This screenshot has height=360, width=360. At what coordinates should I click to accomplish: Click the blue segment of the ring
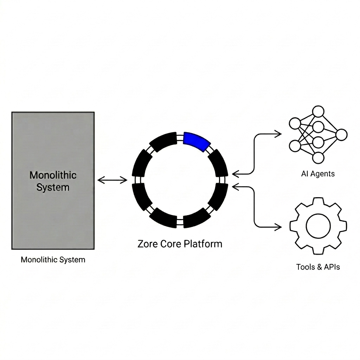tap(197, 141)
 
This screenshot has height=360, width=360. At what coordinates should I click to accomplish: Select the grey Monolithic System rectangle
tap(53, 180)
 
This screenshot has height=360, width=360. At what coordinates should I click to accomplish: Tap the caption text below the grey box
tap(53, 260)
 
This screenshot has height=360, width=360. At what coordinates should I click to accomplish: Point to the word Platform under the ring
tap(203, 244)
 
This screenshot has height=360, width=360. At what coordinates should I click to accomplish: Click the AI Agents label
tap(318, 174)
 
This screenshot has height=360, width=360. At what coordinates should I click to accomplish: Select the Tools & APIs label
tap(318, 267)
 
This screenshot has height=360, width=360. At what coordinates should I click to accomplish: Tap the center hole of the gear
tap(318, 226)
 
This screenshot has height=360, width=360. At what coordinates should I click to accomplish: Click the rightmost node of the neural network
tap(341, 135)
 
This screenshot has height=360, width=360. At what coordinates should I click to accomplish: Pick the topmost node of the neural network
tap(318, 111)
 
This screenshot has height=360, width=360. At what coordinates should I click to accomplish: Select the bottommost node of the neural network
tap(318, 158)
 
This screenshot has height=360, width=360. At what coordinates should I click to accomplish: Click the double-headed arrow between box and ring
tap(112, 180)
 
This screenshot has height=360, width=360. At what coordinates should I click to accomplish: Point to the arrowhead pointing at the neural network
tap(279, 134)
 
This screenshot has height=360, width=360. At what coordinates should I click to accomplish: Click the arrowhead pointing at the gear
tap(279, 227)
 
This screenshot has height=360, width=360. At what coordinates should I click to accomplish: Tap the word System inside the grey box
tap(53, 187)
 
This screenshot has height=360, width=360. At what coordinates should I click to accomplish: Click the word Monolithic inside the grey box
tap(53, 175)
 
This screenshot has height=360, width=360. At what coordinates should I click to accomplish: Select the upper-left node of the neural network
tap(295, 123)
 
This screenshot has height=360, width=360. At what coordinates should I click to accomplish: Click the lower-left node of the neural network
tap(295, 146)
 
